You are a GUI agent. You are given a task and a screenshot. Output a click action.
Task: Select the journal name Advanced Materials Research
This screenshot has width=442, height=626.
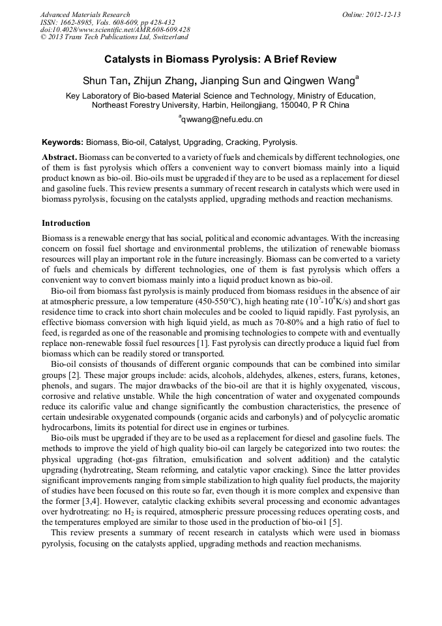85,14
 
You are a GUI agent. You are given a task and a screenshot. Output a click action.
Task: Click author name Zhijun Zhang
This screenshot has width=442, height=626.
164,82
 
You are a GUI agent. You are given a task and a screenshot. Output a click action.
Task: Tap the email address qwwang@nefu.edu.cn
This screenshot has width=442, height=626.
222,119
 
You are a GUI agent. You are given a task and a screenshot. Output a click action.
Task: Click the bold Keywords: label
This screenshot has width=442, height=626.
63,142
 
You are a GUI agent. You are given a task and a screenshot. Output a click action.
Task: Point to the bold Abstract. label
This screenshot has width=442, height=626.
59,158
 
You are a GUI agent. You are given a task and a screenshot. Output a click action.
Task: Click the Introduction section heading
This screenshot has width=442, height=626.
66,223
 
